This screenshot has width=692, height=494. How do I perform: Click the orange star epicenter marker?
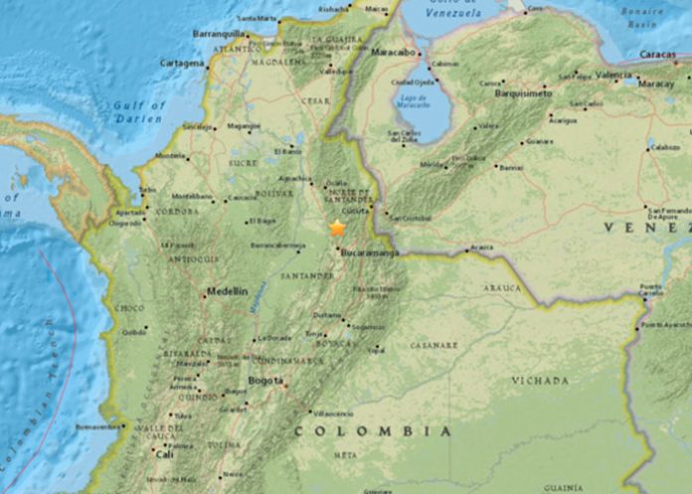click(x=338, y=229)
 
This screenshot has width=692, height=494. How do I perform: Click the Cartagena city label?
click(x=181, y=63)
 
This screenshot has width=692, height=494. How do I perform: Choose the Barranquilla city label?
click(x=218, y=34)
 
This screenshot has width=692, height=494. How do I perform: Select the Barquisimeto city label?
click(x=524, y=91)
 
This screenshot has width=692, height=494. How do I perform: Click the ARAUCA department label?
click(x=502, y=288)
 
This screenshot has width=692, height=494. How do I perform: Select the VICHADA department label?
click(x=540, y=380)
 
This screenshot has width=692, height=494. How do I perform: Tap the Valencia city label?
click(x=613, y=76)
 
